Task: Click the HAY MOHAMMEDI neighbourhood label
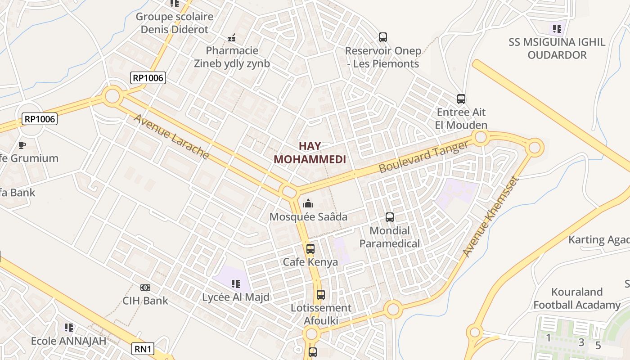pos(310,153)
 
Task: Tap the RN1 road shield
pos(144,349)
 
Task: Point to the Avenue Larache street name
pos(171,137)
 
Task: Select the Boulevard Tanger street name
pos(423,156)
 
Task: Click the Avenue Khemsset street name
pos(491,216)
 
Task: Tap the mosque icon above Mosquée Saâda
pos(308,203)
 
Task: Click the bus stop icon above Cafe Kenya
pos(310,248)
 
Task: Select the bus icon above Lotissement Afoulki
pos(320,295)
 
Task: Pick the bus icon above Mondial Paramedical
pos(390,217)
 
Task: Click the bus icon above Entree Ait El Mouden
pos(461,99)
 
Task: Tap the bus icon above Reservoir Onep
pos(383,37)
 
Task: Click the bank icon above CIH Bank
pos(145,287)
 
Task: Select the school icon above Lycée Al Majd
pos(235,283)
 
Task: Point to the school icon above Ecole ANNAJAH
pos(68,327)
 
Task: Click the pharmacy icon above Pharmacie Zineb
pos(232,37)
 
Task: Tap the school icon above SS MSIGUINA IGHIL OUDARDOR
pos(557,29)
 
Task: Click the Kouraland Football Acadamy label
pos(576,298)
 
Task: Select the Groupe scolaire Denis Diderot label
pos(175,23)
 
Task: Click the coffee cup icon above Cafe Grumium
pos(22,144)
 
